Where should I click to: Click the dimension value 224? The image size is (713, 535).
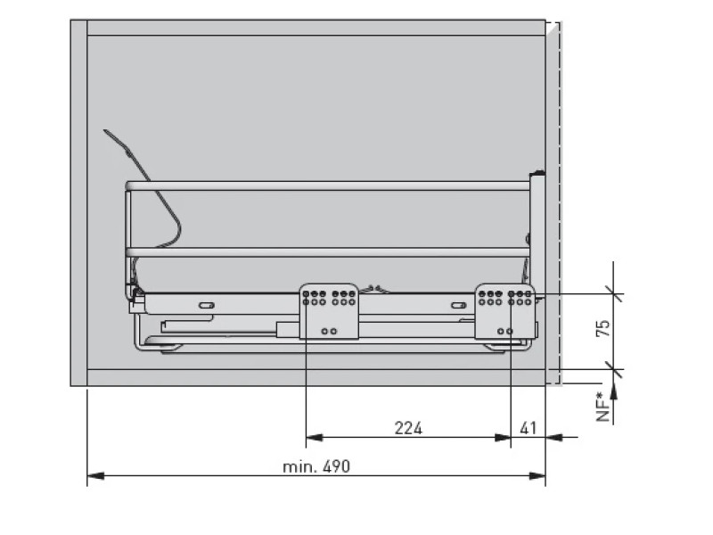coord(408,428)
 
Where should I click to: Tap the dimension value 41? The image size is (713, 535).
coord(528,428)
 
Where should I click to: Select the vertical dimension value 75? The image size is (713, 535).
coord(602,328)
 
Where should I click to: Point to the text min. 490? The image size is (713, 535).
coord(316,466)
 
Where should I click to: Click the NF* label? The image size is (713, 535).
coord(602,407)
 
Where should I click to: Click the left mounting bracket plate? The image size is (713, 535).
coord(329,311)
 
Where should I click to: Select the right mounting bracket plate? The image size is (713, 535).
coord(504,311)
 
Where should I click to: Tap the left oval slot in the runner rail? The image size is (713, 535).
coord(207,305)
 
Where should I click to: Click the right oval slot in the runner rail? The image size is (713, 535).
coord(458,305)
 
